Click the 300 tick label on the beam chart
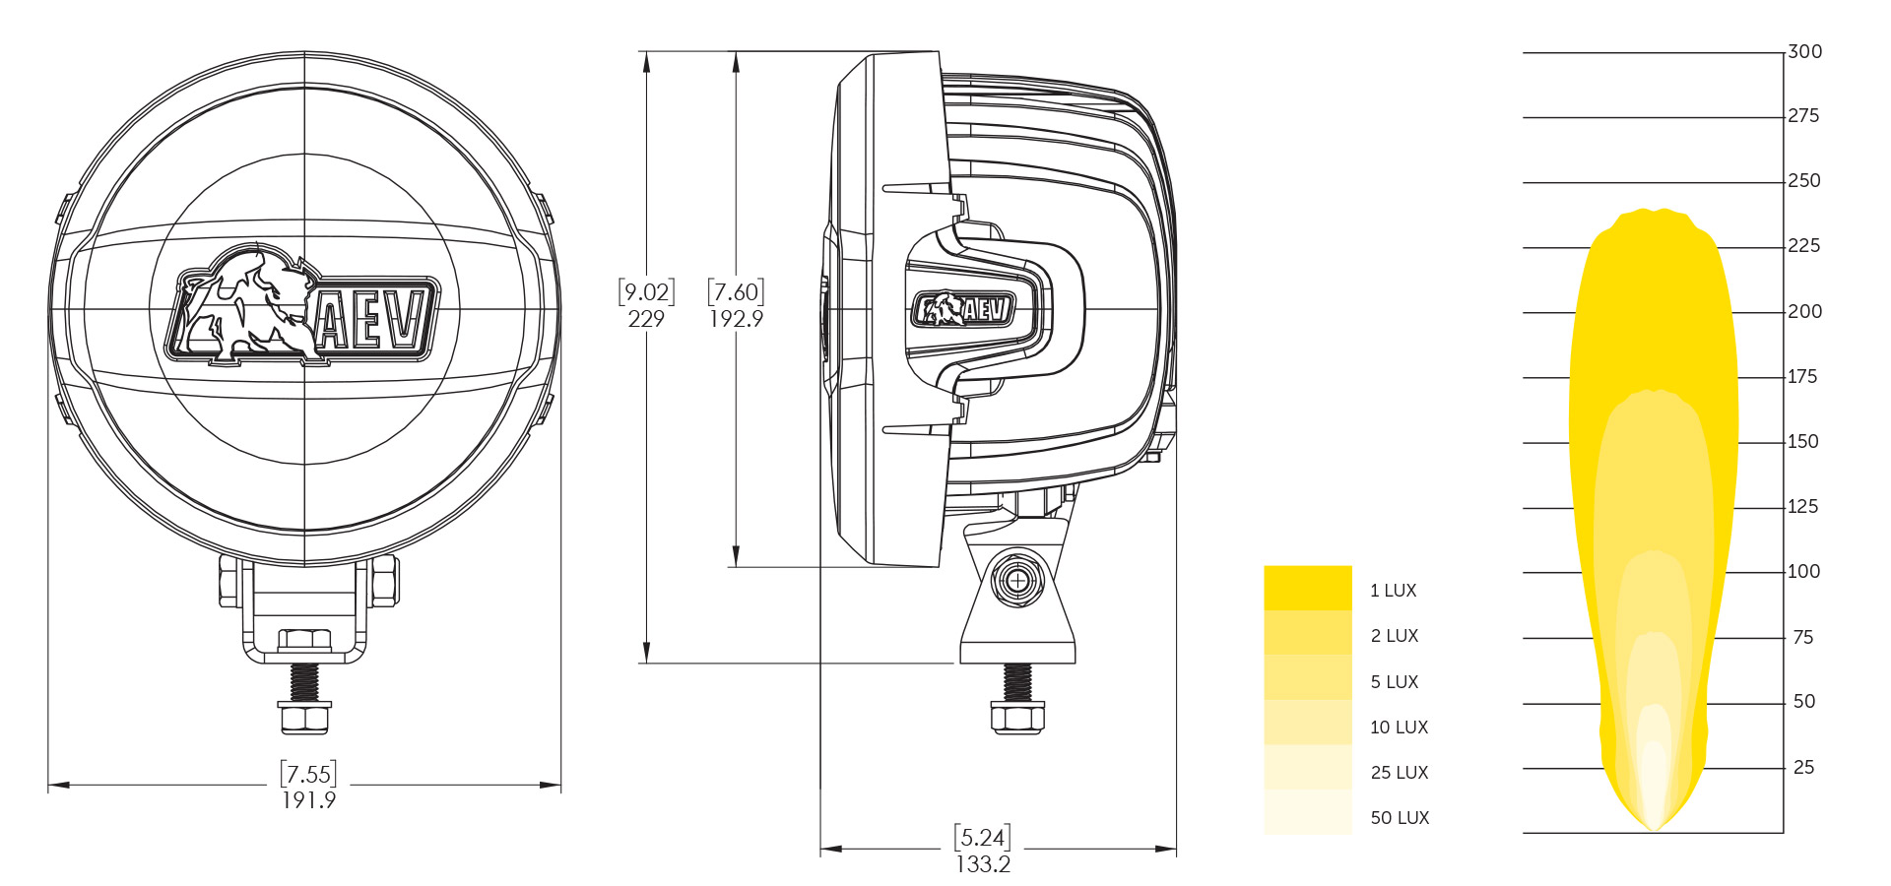[x=1804, y=51]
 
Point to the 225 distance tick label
[x=1803, y=246]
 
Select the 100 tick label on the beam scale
[x=1803, y=571]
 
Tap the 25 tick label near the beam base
[x=1803, y=767]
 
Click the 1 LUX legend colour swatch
[x=1308, y=588]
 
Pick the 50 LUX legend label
[x=1400, y=818]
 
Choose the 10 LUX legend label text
[x=1399, y=728]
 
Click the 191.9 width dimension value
[x=308, y=800]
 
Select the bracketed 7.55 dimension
[x=308, y=774]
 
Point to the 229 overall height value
[x=646, y=319]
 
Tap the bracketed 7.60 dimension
[x=736, y=292]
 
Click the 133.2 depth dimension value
[x=983, y=864]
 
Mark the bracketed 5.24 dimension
[x=983, y=838]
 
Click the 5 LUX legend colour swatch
[x=1308, y=677]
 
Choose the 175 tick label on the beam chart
[x=1802, y=377]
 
